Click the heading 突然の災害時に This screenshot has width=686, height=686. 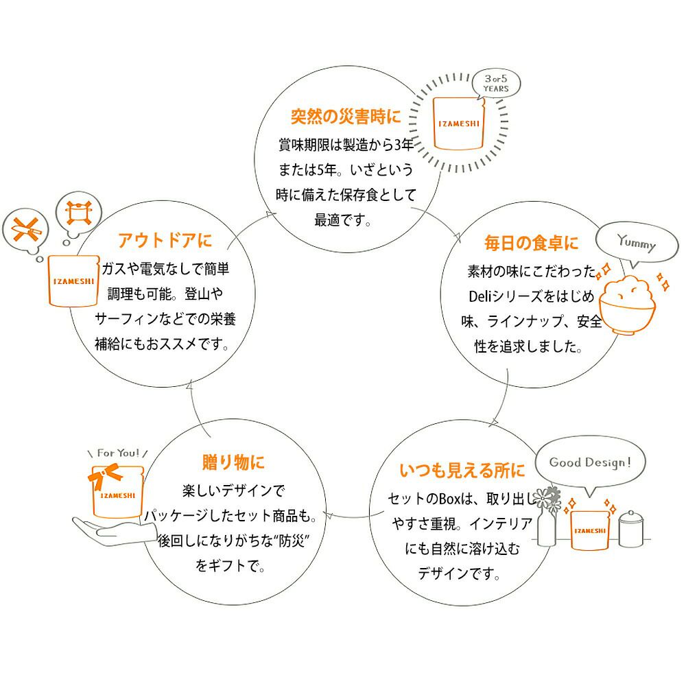pos(345,117)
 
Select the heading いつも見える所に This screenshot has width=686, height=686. pos(462,471)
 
